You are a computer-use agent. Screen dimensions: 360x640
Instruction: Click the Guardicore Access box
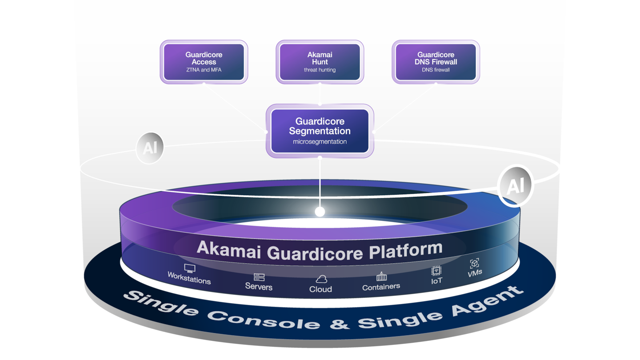pyautogui.click(x=204, y=62)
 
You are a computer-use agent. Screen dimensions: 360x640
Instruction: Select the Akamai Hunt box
pyautogui.click(x=320, y=62)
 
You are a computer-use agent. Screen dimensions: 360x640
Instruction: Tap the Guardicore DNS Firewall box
pyautogui.click(x=436, y=62)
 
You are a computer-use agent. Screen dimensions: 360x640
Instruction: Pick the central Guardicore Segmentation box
pyautogui.click(x=320, y=131)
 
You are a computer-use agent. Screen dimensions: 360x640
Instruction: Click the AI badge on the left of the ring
pyautogui.click(x=150, y=148)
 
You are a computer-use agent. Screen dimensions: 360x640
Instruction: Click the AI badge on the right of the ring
pyautogui.click(x=515, y=186)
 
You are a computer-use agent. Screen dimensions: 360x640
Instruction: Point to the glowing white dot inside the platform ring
pyautogui.click(x=320, y=212)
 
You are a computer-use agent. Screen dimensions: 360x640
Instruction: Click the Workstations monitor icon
pyautogui.click(x=190, y=268)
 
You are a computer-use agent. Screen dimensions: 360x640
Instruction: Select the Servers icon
pyautogui.click(x=259, y=277)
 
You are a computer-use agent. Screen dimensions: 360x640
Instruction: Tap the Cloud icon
pyautogui.click(x=321, y=279)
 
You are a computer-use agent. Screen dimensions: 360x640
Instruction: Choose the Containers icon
pyautogui.click(x=381, y=277)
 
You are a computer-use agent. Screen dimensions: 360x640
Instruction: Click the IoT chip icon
pyautogui.click(x=436, y=271)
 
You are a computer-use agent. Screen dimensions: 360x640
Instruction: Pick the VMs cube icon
pyautogui.click(x=474, y=264)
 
